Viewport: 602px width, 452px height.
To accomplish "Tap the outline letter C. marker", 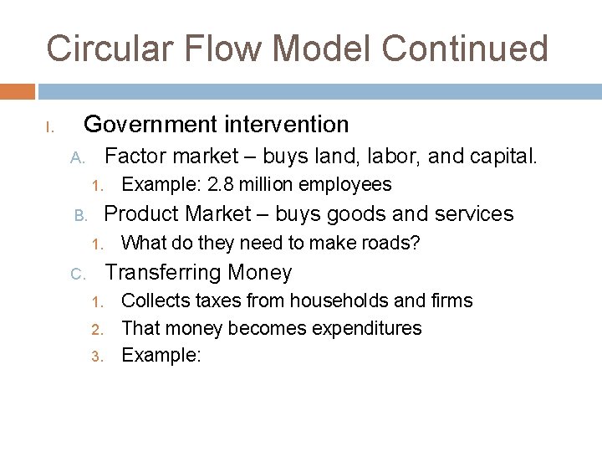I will click(x=77, y=275).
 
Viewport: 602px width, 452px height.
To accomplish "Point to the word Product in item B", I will click(x=141, y=214).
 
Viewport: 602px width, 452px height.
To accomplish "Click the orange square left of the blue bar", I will click(x=17, y=90).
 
